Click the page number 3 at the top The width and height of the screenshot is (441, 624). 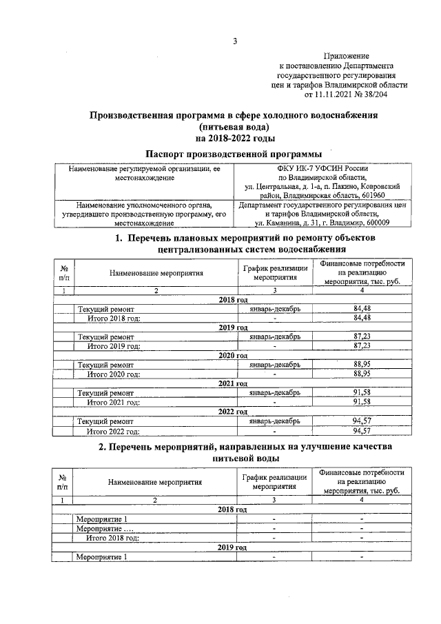(234, 41)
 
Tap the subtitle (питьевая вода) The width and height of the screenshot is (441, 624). (234, 128)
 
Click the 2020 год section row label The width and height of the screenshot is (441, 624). (233, 355)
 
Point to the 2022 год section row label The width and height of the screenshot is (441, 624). (233, 412)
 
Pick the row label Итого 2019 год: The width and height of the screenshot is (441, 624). (114, 345)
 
